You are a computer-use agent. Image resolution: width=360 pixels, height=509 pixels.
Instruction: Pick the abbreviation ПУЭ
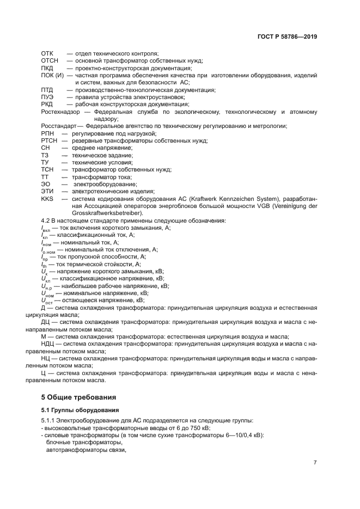(47, 97)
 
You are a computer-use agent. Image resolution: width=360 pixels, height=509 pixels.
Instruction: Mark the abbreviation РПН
(47, 133)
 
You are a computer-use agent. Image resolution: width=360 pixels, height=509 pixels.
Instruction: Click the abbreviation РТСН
(49, 140)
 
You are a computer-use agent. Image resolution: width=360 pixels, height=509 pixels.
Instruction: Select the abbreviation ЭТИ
(47, 191)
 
